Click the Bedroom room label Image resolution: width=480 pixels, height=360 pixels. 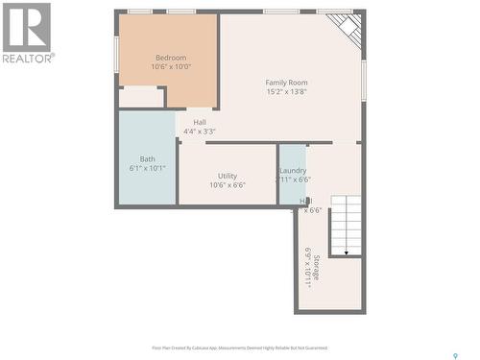[x=171, y=58]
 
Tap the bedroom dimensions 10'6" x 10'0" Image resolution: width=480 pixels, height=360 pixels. [x=171, y=67]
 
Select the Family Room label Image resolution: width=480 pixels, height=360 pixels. [x=286, y=83]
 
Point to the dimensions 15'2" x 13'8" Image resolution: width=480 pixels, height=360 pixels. [x=286, y=92]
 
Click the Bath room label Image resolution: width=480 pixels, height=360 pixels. [x=147, y=159]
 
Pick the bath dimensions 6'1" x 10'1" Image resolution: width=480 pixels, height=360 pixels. [x=147, y=169]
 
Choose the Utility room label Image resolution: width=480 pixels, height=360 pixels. [x=228, y=176]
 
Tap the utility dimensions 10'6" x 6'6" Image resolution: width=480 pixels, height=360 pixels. [x=228, y=185]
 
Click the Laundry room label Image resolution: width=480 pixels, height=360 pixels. [x=294, y=170]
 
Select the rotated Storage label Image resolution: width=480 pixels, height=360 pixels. [x=317, y=273]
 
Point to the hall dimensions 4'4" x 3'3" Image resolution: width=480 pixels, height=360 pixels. [x=200, y=132]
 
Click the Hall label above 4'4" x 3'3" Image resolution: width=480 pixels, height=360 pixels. [x=200, y=122]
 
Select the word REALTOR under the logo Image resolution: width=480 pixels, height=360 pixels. [x=27, y=58]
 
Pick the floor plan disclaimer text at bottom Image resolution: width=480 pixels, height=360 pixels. [x=239, y=348]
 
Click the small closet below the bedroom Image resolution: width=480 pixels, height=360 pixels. [x=141, y=97]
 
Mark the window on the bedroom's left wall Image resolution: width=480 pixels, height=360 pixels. [x=117, y=54]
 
